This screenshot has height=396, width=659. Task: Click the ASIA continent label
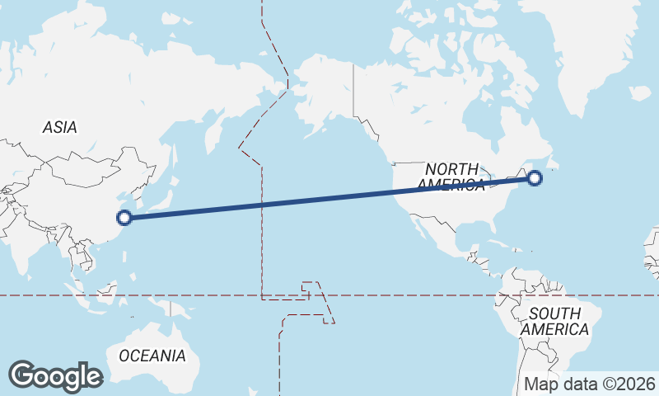[x=60, y=128]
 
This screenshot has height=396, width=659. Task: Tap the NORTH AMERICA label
[x=451, y=177]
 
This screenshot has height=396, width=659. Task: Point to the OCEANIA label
[x=152, y=356]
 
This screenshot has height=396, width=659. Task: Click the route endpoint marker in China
[x=124, y=218]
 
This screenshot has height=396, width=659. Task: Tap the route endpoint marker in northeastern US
[x=535, y=177]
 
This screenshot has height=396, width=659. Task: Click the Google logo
[x=55, y=376]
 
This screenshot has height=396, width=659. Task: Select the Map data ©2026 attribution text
[x=590, y=384]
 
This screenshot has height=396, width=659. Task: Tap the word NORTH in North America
[x=451, y=169]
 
